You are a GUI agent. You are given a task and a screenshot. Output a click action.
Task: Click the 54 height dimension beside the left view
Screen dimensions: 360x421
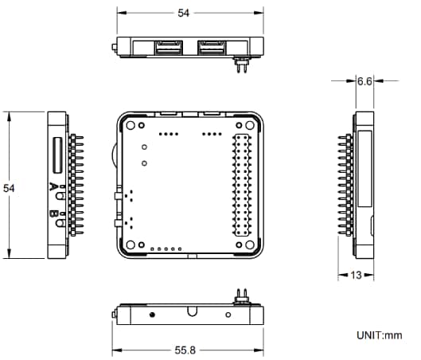tap(10, 188)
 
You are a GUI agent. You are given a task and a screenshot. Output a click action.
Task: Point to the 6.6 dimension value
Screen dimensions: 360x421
tap(365, 81)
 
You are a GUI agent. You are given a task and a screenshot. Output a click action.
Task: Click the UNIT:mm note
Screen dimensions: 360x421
tap(380, 336)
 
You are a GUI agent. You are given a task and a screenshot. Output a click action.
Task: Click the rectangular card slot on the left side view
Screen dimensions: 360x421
tap(58, 155)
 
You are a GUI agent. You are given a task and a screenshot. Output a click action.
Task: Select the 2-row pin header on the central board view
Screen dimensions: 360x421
tap(243, 185)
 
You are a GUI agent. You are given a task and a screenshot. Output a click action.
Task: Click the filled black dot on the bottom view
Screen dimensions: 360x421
tap(152, 315)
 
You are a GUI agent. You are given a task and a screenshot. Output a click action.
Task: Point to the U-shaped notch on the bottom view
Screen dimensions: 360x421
tap(192, 312)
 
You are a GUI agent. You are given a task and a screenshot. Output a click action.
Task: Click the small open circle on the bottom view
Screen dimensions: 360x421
tap(231, 315)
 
